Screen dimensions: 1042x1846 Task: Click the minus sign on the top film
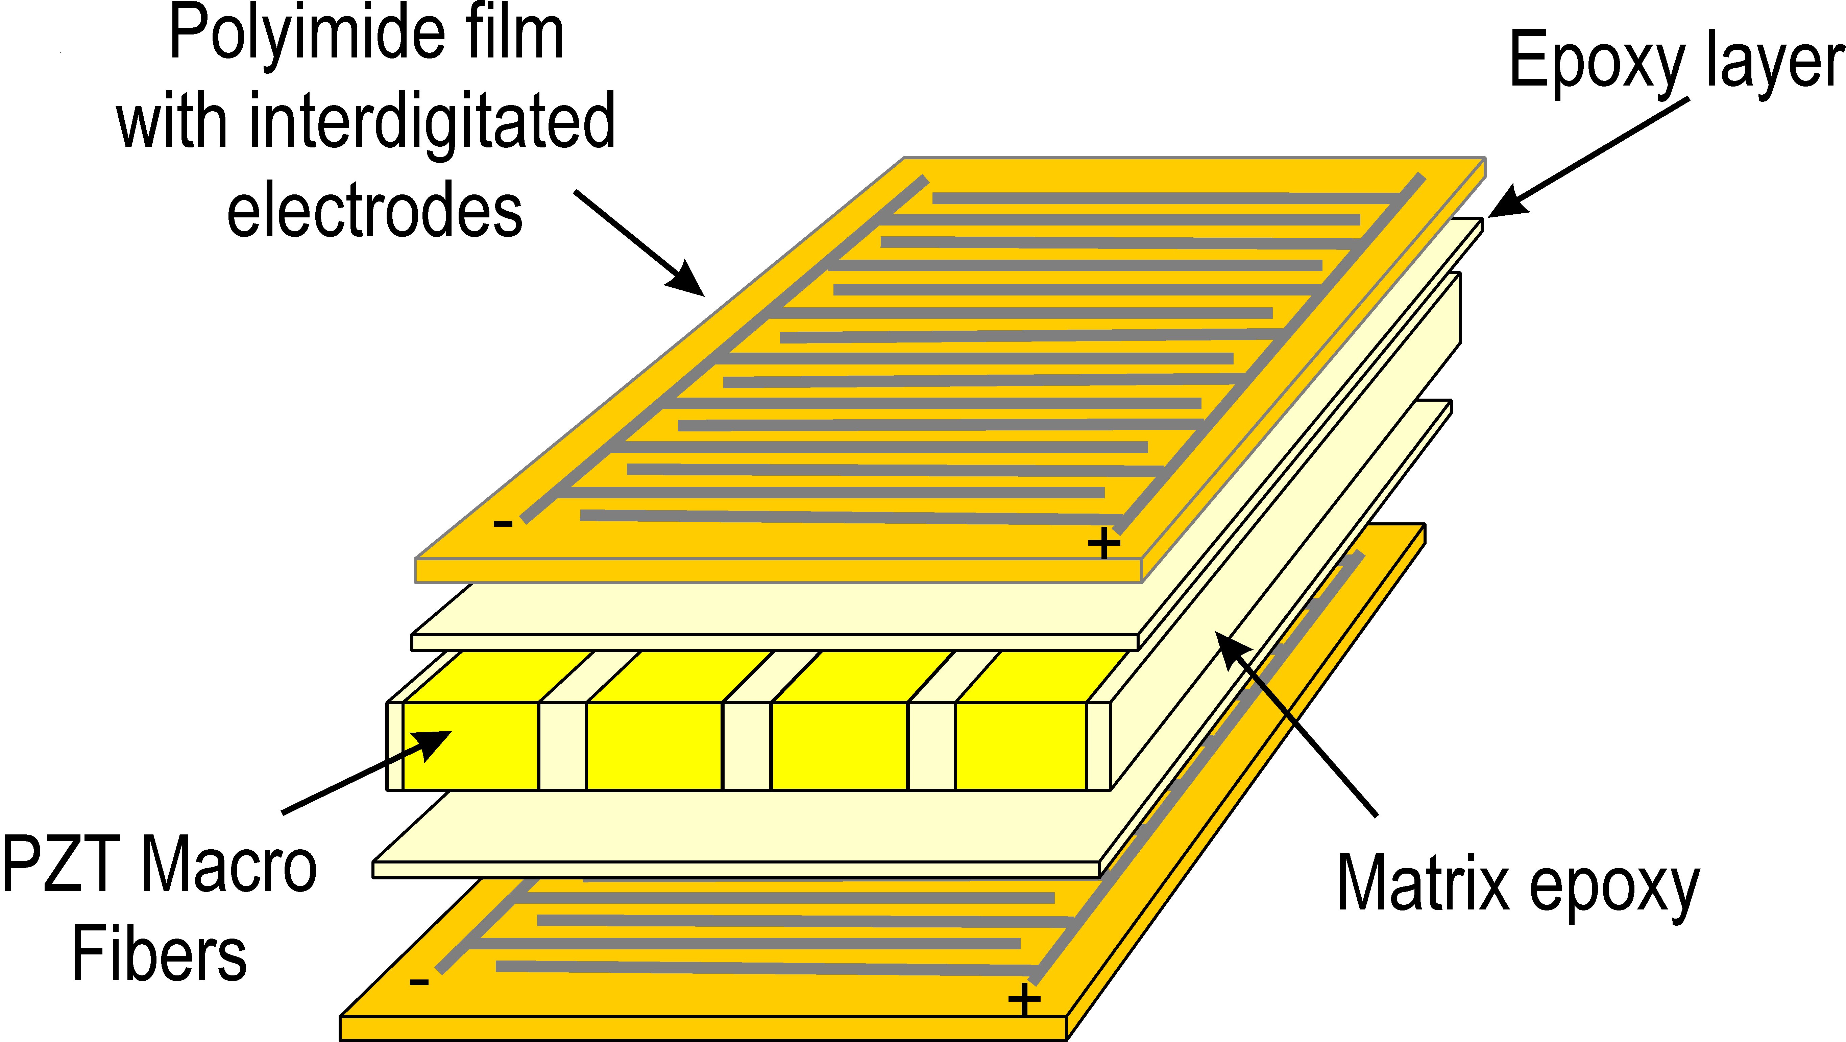pyautogui.click(x=503, y=524)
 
